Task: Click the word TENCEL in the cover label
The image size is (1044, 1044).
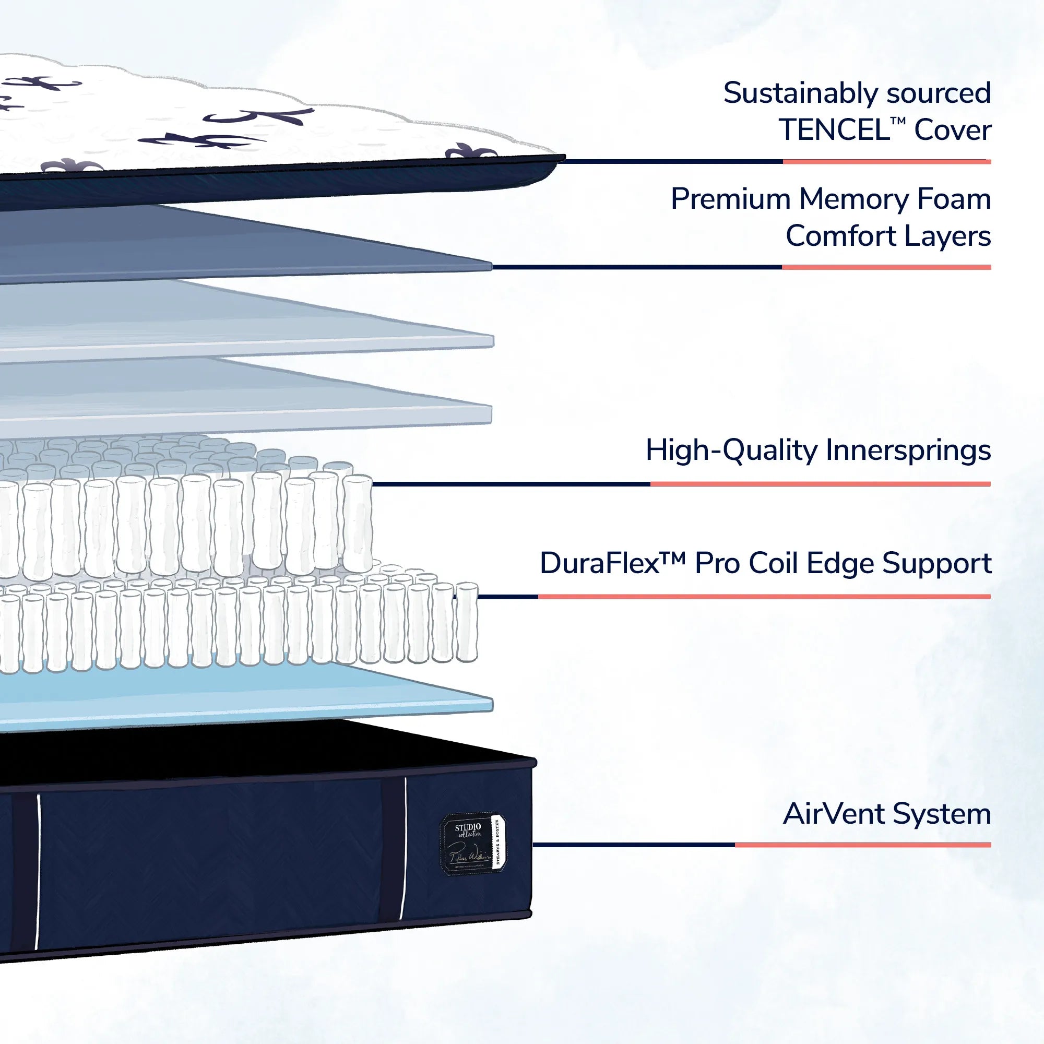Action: pyautogui.click(x=834, y=130)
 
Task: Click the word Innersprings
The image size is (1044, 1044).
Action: pyautogui.click(x=908, y=450)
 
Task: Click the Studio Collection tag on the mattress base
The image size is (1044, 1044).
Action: pyautogui.click(x=473, y=845)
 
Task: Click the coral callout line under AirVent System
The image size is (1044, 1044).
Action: pyautogui.click(x=862, y=845)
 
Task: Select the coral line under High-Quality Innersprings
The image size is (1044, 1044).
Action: pyautogui.click(x=820, y=484)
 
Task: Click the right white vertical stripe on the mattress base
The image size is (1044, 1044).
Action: pyautogui.click(x=404, y=848)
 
